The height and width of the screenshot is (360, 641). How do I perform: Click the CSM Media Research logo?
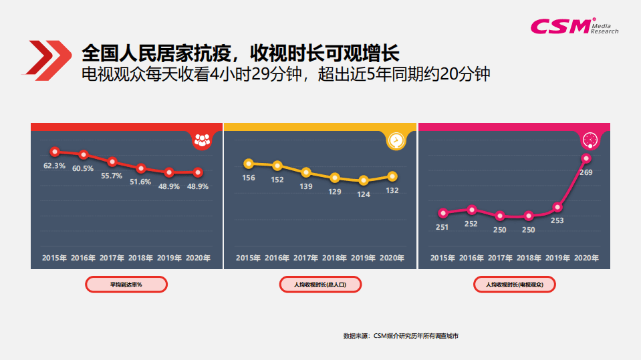tap(573, 25)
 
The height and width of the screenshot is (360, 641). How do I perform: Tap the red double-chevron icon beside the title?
tap(49, 58)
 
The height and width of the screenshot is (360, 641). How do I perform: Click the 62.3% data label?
tap(54, 166)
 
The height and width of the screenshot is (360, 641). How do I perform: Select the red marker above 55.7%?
tap(112, 162)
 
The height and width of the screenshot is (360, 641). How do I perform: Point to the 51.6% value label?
tap(140, 182)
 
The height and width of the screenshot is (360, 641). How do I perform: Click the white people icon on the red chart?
tap(202, 140)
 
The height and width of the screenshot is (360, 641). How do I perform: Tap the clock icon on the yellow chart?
tap(396, 140)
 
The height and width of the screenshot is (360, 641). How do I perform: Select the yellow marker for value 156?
tap(249, 164)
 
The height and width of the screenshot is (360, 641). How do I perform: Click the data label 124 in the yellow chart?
tap(363, 194)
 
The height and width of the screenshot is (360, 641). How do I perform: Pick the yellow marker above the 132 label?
tap(392, 176)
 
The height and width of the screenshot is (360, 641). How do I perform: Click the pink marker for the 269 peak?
tap(586, 158)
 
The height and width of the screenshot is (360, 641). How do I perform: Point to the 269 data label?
tap(586, 172)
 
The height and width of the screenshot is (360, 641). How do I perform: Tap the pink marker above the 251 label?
tap(442, 213)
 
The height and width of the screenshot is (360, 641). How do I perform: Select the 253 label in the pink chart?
tap(557, 220)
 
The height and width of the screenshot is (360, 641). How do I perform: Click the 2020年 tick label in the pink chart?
tap(586, 258)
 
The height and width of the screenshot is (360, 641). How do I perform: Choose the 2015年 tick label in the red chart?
tap(54, 258)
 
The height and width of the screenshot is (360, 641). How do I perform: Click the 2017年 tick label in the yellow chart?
tap(306, 258)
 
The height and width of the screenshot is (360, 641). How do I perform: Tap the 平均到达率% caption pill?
tap(126, 285)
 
